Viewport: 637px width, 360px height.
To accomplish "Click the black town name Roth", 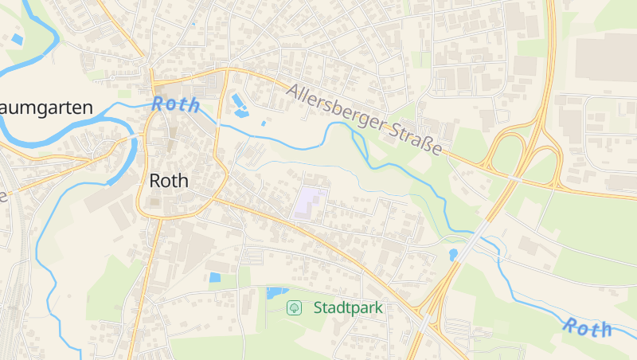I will (x=169, y=181).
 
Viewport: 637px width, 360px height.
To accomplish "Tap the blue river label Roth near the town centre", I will (x=175, y=104).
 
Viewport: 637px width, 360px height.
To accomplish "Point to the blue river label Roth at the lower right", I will (x=588, y=327).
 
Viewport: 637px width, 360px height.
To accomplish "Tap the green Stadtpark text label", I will (x=348, y=307).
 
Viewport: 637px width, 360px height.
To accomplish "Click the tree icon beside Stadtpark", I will (x=294, y=307).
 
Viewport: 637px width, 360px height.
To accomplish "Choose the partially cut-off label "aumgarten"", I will (x=46, y=108).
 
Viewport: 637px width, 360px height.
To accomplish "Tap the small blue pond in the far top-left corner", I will (x=18, y=38).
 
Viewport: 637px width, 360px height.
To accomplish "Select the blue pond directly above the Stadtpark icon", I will (x=277, y=293).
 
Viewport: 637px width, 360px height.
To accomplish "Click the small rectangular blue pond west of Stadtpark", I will (x=214, y=278).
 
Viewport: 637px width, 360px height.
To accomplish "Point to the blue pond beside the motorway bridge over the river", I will (x=453, y=255).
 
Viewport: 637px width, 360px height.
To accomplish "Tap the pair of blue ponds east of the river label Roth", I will (x=240, y=104).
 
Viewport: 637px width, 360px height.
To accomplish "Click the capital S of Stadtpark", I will (x=318, y=307).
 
